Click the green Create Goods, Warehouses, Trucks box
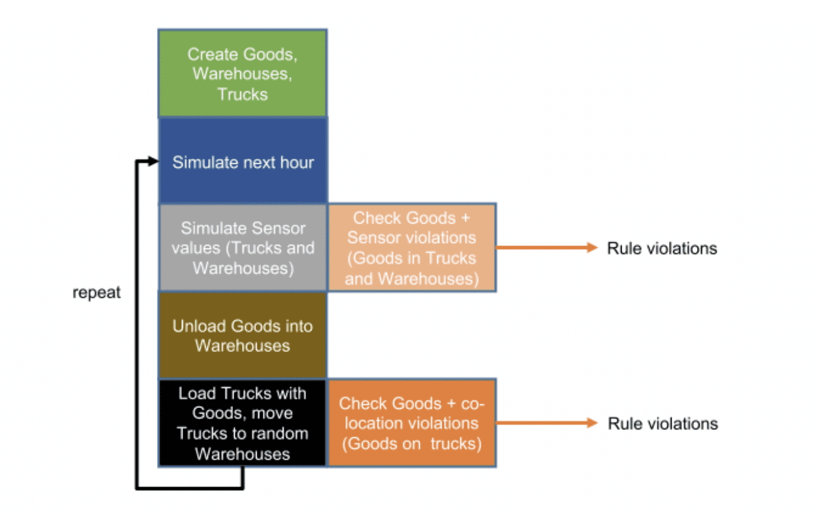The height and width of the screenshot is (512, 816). point(242,73)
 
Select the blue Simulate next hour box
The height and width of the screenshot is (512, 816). point(242,160)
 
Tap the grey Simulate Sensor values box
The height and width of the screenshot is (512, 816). point(242,247)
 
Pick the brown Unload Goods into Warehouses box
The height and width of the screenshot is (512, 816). point(242,335)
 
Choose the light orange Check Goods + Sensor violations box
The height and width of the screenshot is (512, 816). point(412,247)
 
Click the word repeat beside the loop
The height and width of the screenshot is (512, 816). point(97,293)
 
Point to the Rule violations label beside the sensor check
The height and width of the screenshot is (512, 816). point(662,249)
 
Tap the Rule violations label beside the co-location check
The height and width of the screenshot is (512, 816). point(663,424)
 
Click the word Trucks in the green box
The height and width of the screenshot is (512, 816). point(242,94)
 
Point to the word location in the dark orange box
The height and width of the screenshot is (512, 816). point(374,424)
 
